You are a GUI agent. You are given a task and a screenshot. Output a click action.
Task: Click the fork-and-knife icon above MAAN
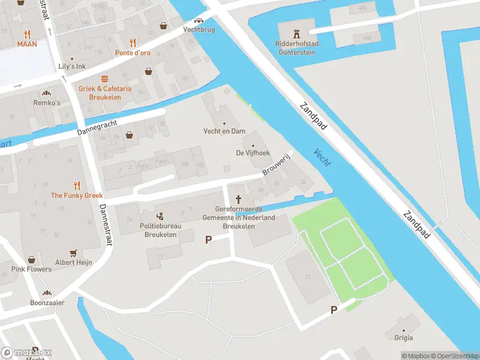[x=27, y=34]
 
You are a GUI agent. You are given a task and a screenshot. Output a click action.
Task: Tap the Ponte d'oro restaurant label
[x=133, y=53]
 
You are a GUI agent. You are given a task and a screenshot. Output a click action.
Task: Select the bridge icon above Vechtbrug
[x=198, y=20]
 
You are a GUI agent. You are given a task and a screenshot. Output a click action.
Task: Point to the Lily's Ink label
[x=72, y=66]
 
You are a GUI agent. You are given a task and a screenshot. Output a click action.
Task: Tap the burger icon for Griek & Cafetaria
[x=104, y=79]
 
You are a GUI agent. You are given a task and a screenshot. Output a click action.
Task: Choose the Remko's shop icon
[x=45, y=93]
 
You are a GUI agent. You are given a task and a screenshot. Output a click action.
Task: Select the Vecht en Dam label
[x=224, y=131]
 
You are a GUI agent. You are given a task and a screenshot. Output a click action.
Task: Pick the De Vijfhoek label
[x=253, y=153]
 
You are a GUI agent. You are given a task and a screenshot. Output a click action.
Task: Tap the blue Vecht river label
[x=322, y=158]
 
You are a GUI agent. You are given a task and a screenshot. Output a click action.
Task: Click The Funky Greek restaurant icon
[x=76, y=185]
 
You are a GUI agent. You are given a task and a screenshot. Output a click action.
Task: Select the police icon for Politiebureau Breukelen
[x=160, y=216]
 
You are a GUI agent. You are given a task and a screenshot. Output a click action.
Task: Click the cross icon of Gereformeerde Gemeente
[x=239, y=199]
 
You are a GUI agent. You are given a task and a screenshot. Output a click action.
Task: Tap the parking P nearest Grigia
[x=334, y=310]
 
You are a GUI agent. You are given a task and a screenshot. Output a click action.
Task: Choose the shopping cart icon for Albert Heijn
[x=74, y=253]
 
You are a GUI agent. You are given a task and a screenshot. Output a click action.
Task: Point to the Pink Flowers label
[x=31, y=269]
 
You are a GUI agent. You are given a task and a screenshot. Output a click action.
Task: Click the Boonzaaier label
[x=47, y=303]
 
